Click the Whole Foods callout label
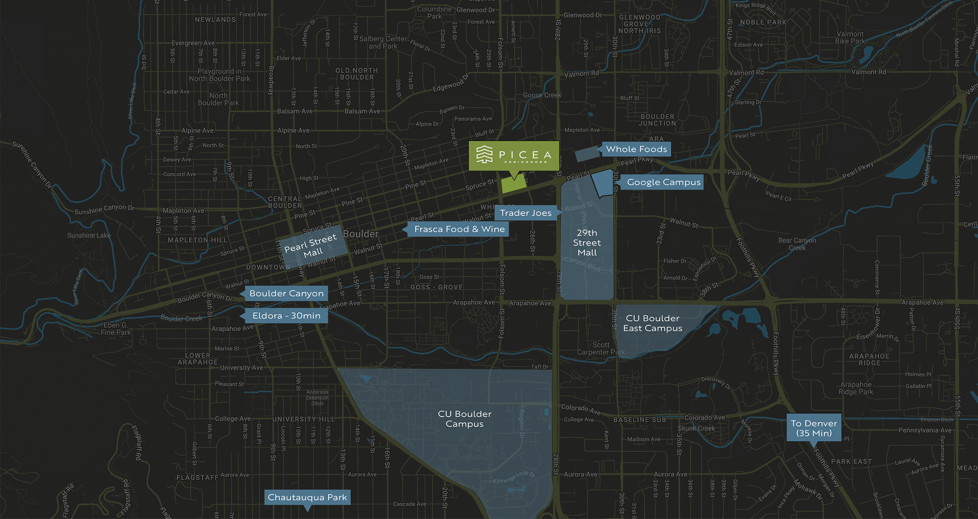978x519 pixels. click(636, 149)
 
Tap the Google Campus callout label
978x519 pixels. click(664, 182)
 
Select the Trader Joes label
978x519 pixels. click(526, 213)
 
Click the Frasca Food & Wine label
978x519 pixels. click(459, 229)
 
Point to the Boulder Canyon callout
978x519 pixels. click(286, 294)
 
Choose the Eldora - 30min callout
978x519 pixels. click(286, 316)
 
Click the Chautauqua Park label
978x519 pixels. click(307, 497)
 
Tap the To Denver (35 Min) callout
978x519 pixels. click(814, 428)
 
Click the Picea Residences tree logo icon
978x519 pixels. click(484, 154)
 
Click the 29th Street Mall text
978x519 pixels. click(587, 243)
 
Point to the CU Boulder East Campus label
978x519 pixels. click(653, 323)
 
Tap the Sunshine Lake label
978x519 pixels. click(89, 235)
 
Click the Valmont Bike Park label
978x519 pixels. click(850, 37)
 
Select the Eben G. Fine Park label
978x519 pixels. click(116, 329)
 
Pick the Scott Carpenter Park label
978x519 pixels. click(601, 349)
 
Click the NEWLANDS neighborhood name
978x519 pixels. click(215, 19)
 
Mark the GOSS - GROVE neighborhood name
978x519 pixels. click(436, 287)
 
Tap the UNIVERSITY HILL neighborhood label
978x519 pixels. click(303, 419)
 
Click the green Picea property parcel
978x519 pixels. click(513, 185)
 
